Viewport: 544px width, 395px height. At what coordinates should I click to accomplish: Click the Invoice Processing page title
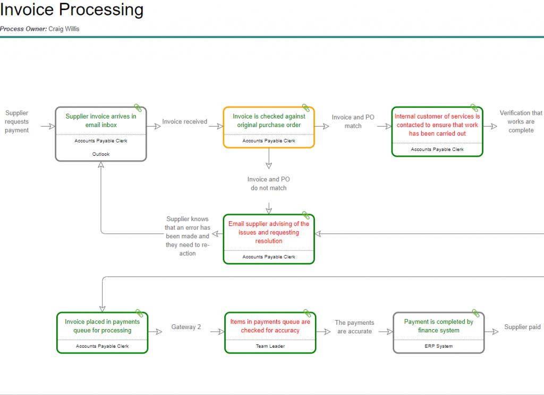72,10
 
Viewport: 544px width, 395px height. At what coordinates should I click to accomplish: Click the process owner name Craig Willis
64,29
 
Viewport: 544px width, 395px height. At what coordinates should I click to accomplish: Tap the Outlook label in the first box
101,154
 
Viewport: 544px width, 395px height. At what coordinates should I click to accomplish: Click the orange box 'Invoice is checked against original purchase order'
269,121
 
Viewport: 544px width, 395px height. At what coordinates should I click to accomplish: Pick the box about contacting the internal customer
437,125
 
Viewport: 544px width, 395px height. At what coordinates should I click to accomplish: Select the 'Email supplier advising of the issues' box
269,232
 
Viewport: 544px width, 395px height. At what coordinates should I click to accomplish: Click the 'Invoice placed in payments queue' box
102,326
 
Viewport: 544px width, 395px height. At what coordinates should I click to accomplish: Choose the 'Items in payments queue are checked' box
270,326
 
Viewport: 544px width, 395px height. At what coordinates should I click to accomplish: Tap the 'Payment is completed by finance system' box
438,326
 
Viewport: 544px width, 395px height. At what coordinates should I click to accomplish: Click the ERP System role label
438,346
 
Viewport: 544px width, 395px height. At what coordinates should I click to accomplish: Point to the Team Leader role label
270,346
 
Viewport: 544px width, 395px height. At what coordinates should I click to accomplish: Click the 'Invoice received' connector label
184,122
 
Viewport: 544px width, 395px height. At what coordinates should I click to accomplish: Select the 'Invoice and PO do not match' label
268,184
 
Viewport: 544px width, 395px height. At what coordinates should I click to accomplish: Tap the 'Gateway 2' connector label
186,327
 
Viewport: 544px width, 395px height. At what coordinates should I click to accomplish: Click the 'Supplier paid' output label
522,327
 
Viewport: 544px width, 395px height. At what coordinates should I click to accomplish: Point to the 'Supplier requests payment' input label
17,122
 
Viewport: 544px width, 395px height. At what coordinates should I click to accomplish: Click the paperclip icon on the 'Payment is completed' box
475,314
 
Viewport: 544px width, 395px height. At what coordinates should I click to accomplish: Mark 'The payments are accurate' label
354,327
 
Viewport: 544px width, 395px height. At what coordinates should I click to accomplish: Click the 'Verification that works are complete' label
521,122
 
